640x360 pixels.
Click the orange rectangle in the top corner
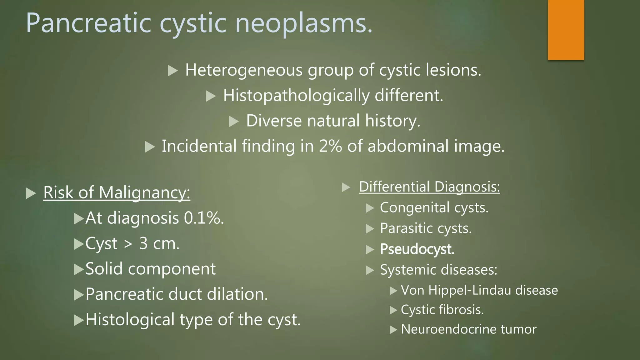click(566, 30)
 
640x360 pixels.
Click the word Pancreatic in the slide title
click(88, 23)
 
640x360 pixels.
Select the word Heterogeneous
click(244, 70)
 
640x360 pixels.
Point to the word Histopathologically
click(296, 96)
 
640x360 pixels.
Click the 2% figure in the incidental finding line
click(330, 146)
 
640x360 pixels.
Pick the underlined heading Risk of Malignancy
click(117, 192)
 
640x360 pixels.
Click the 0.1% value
click(204, 218)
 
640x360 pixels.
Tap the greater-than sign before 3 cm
click(128, 244)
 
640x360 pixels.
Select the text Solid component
click(150, 269)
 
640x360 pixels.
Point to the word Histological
click(130, 320)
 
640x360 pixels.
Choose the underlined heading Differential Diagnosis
click(429, 187)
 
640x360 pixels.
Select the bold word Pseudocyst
click(417, 249)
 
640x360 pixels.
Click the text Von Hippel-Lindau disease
click(479, 290)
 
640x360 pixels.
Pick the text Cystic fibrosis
click(442, 310)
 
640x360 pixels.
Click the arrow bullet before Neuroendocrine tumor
click(393, 330)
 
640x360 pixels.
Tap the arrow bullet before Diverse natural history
click(234, 121)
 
